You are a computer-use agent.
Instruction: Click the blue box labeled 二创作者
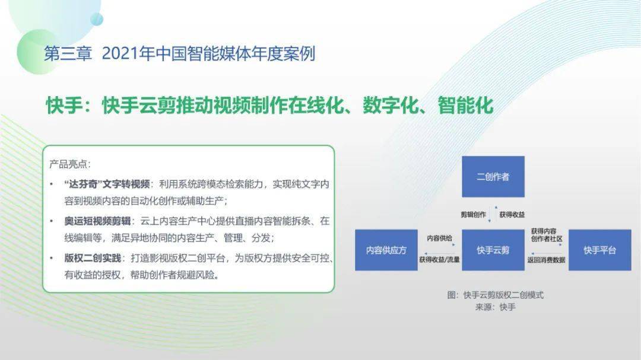[x=493, y=177]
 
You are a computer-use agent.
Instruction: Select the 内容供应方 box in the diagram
[x=386, y=250]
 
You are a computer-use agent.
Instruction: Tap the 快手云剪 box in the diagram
[x=493, y=250]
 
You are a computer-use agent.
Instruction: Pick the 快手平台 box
[x=599, y=250]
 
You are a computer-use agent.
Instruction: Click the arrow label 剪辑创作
[x=474, y=215]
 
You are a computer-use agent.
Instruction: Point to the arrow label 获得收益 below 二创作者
[x=512, y=215]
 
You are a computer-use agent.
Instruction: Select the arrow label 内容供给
[x=439, y=238]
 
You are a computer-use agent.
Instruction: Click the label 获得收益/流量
[x=439, y=260]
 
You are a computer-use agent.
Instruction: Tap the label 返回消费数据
[x=546, y=260]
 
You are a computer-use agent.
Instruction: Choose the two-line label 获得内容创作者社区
[x=547, y=235]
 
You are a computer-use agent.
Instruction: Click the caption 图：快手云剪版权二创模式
[x=496, y=295]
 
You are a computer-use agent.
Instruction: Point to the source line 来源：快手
[x=496, y=307]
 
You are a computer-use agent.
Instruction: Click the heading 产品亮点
[x=70, y=164]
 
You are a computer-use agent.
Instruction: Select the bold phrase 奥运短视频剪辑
[x=97, y=221]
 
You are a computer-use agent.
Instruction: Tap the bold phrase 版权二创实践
[x=93, y=258]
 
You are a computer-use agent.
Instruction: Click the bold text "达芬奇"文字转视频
[x=107, y=184]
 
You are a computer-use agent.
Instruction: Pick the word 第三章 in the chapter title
[x=68, y=54]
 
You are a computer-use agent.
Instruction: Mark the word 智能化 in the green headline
[x=465, y=106]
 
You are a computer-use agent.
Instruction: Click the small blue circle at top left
[x=97, y=19]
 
